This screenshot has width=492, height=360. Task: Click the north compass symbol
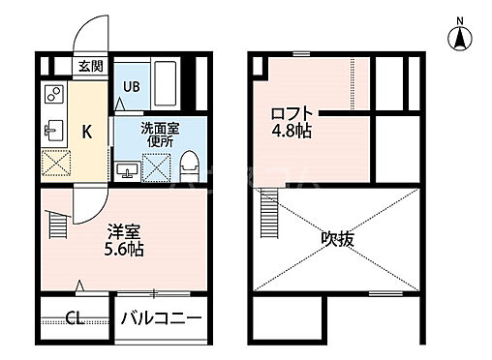point(459,38)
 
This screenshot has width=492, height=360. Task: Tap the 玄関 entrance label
point(91,67)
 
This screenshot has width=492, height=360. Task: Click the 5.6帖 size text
point(125,250)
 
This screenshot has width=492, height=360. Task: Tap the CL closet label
point(75,317)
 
